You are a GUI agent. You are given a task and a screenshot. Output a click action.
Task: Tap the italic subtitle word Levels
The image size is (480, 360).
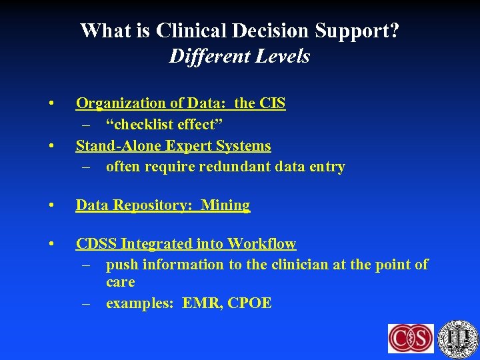pyautogui.click(x=283, y=56)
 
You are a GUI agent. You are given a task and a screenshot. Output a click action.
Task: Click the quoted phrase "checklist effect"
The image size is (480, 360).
pyautogui.click(x=163, y=125)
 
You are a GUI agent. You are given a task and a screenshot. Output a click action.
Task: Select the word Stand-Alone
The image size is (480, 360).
pyautogui.click(x=117, y=146)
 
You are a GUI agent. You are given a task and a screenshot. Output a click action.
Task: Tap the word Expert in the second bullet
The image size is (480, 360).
pyautogui.click(x=189, y=146)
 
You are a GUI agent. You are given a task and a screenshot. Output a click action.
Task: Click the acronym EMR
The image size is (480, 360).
pyautogui.click(x=202, y=303)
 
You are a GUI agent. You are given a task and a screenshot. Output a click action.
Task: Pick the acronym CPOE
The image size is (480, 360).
pyautogui.click(x=249, y=303)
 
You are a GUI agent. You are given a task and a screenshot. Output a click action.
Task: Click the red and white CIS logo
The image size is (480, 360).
pyautogui.click(x=411, y=338)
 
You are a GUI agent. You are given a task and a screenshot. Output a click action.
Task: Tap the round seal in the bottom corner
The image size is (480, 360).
pyautogui.click(x=459, y=337)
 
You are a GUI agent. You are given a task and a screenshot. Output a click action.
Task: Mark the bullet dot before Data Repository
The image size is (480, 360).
pyautogui.click(x=51, y=206)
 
